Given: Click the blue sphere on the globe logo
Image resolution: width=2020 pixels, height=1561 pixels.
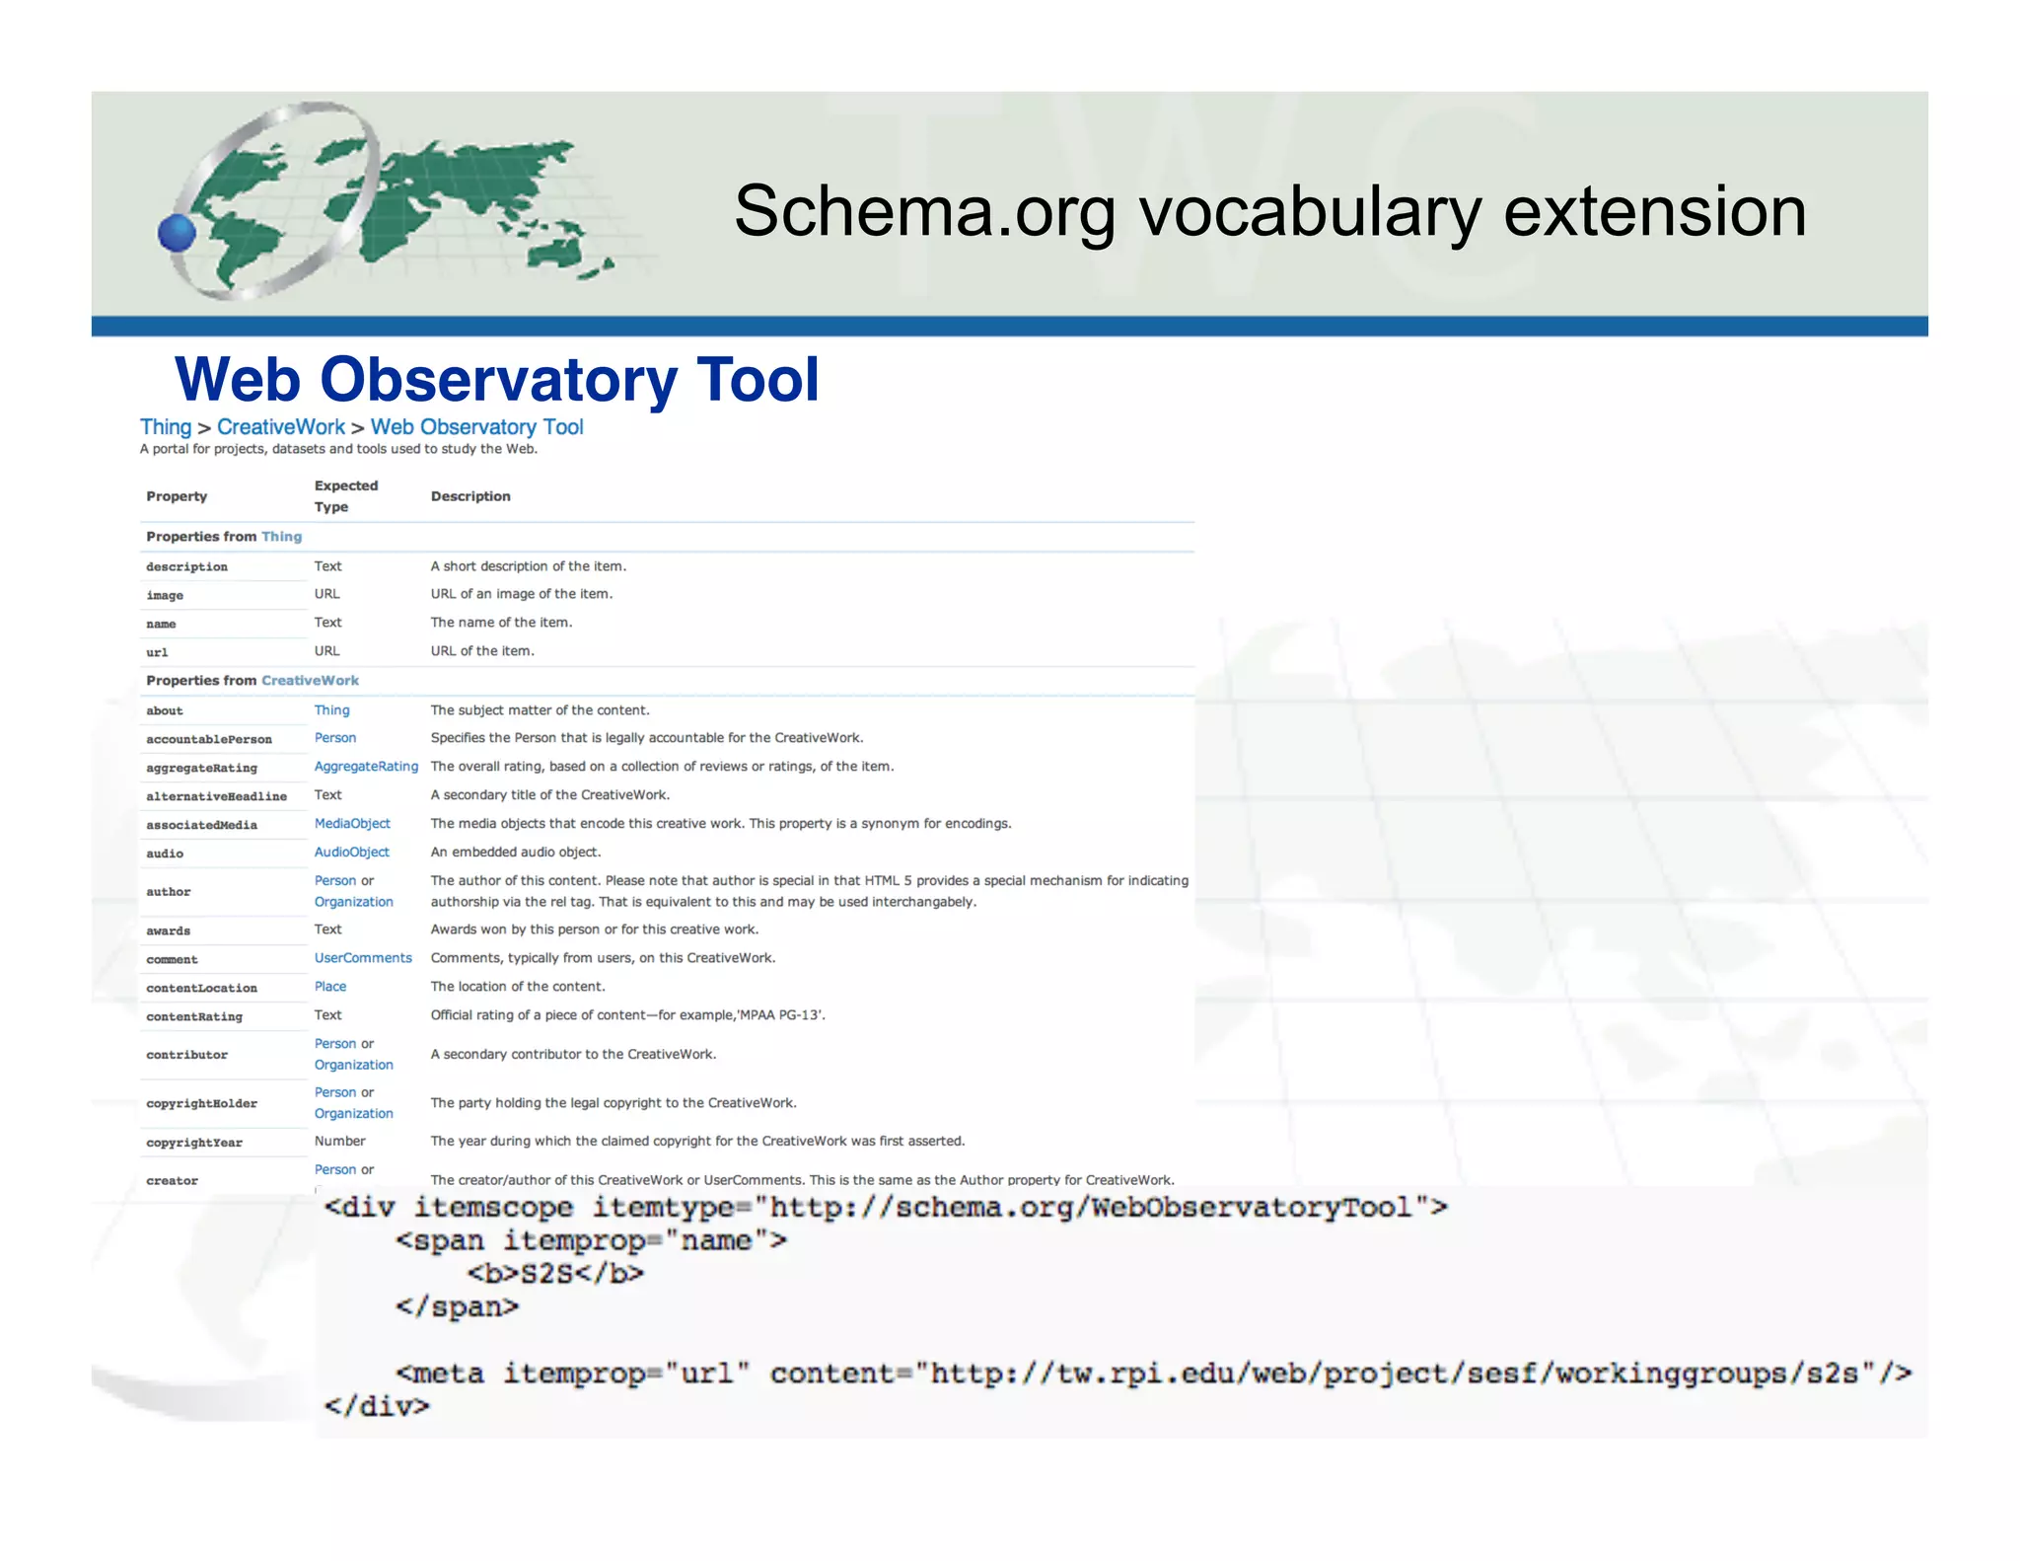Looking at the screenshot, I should coord(177,234).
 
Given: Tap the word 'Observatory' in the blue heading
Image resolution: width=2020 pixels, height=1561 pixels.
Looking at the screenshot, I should coord(498,380).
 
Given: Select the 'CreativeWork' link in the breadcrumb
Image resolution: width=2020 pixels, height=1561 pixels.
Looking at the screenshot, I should coord(280,427).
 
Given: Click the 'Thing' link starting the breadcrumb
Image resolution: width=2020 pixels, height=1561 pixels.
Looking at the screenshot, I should coord(165,427).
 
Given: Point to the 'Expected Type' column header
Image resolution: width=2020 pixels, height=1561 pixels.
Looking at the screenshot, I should coord(345,496).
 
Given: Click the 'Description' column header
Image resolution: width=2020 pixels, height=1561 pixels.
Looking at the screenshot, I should coord(469,496).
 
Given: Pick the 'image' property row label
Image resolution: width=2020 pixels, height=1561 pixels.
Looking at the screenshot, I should coord(165,595).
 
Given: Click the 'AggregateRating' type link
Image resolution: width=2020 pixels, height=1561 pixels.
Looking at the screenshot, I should coord(366,767).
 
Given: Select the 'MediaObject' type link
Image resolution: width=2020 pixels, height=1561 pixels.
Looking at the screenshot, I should coord(352,824).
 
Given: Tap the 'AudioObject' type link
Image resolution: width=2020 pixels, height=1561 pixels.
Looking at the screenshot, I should coord(351,853).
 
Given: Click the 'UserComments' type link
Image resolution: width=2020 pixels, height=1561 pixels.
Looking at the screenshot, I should coord(363,958).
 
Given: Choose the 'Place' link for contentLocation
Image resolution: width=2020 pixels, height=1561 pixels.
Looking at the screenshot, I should coord(329,987).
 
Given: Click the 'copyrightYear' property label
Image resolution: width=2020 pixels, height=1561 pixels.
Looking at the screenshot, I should coord(194,1143).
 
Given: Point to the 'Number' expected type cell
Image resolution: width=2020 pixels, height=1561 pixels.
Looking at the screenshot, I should coord(339,1142).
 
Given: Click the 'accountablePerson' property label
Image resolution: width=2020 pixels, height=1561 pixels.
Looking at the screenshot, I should coord(209,739).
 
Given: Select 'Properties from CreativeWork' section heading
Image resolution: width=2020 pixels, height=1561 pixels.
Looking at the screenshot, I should coord(252,681).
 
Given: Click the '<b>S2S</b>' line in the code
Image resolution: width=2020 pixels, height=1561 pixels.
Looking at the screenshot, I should coord(555,1274).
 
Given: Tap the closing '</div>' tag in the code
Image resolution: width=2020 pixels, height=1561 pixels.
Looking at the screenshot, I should coord(377,1406).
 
